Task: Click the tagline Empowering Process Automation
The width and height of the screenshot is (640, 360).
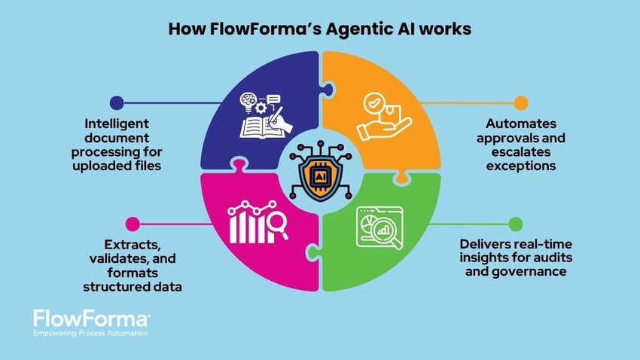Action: pos(90,333)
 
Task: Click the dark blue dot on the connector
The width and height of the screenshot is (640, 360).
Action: pos(116,102)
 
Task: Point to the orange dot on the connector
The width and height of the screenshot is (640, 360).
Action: pos(521,102)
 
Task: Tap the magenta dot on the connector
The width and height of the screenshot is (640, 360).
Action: pos(133,224)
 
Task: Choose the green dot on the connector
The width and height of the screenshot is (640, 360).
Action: pos(516,224)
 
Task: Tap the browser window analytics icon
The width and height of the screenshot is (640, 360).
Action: pos(381,226)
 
